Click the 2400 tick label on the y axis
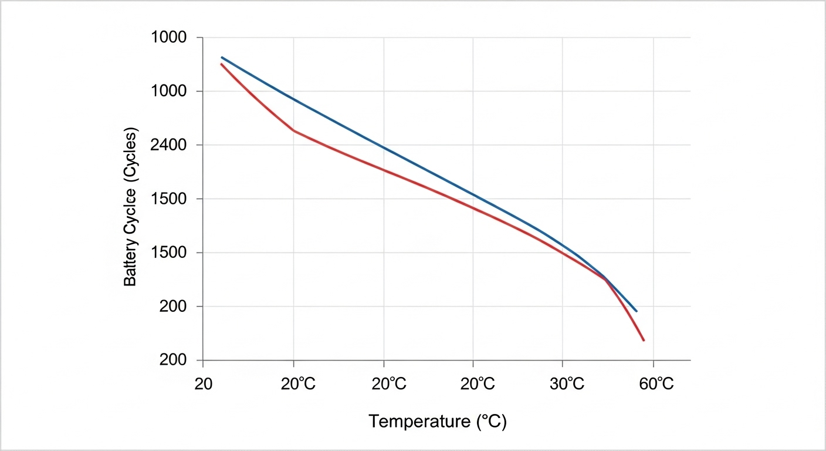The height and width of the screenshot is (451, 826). click(x=169, y=145)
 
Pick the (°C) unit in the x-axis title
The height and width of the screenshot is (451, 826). click(x=490, y=421)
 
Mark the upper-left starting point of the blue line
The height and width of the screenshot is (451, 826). click(x=222, y=58)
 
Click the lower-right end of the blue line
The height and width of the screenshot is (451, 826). click(x=637, y=311)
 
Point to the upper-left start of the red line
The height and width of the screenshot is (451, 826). click(x=221, y=64)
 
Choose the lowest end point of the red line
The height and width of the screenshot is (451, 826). click(x=644, y=341)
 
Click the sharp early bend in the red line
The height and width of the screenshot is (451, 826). click(x=293, y=130)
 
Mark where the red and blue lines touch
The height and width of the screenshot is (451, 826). click(x=605, y=278)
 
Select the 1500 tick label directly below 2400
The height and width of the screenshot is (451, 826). click(x=169, y=199)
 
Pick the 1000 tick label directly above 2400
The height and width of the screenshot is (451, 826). click(x=169, y=91)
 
